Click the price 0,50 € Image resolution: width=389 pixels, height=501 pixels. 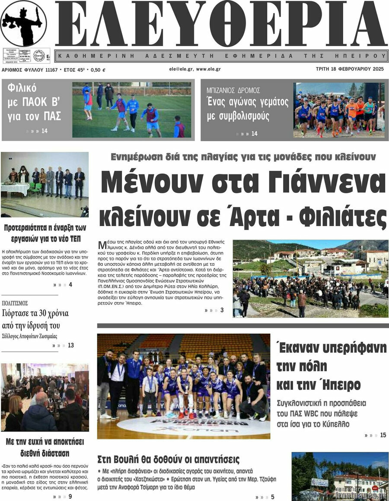pos(98,69)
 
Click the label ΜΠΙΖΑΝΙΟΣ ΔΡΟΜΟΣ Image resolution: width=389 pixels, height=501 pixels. pos(233,90)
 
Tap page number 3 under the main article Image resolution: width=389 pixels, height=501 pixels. pos(222,310)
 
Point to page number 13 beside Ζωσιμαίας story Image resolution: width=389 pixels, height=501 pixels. pos(71,345)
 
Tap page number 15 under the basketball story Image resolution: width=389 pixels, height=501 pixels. pos(383,435)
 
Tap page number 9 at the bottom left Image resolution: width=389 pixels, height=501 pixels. pos(70,497)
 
